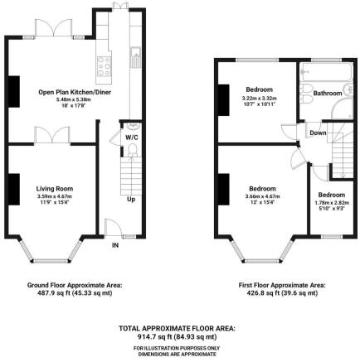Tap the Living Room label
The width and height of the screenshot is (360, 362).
[x=55, y=189]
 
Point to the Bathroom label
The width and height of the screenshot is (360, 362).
[x=326, y=94]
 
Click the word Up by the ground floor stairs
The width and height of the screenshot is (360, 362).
[x=131, y=200]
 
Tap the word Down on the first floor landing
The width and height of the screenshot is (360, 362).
[x=318, y=133]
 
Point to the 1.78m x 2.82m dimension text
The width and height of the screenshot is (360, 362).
[x=330, y=202]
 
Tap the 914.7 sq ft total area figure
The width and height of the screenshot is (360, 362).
[x=179, y=337]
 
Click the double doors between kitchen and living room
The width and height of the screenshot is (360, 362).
[x=48, y=134]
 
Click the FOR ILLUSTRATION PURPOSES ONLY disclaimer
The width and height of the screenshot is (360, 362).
[x=179, y=347]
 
